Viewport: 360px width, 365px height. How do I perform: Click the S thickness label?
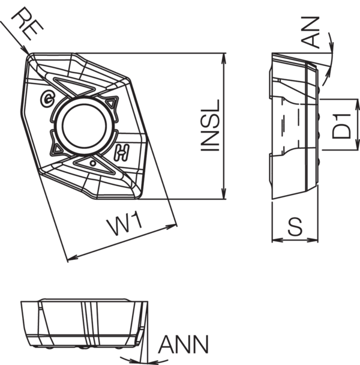coord(294,226)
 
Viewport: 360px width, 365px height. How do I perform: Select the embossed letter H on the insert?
coord(125,154)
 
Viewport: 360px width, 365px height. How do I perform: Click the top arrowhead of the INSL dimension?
coord(224,56)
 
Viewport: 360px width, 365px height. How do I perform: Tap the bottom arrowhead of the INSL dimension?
coord(224,197)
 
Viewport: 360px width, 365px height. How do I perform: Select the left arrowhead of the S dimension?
coord(275,241)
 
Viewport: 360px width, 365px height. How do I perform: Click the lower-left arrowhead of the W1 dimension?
coord(70,259)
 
